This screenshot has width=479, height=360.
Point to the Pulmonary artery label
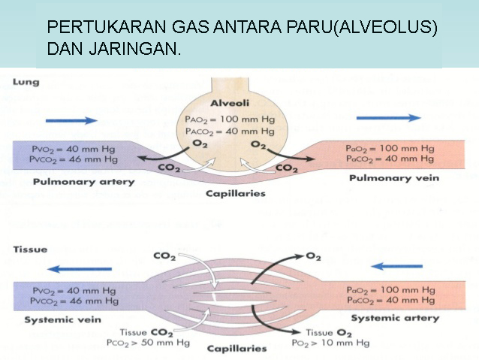coord(83,182)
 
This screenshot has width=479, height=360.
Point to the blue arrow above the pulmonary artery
coord(71,120)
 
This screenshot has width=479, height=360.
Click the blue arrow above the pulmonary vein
coord(388,117)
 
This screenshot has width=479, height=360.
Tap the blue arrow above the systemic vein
coord(80,269)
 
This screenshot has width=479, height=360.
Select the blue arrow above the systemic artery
coord(397,266)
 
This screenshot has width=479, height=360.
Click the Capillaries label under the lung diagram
coord(234,194)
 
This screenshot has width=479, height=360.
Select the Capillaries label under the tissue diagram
coord(236,349)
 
